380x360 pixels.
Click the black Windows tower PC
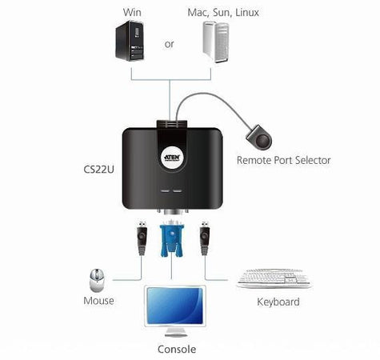[130, 41]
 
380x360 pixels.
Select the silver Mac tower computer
[215, 42]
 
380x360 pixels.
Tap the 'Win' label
[132, 12]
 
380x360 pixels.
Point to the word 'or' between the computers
[169, 44]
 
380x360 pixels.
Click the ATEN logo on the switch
[172, 158]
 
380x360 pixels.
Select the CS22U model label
[98, 170]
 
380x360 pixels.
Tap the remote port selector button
[259, 138]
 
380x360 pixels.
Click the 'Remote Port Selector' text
[284, 160]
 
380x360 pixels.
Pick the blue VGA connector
[172, 238]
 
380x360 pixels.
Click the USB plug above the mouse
[142, 238]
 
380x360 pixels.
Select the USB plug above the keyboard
[205, 238]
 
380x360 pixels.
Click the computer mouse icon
[97, 280]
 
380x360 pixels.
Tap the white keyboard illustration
[274, 278]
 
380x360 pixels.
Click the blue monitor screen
[174, 306]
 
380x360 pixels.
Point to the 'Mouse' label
[98, 301]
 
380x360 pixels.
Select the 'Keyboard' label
[278, 302]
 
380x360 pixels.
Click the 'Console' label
[177, 350]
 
